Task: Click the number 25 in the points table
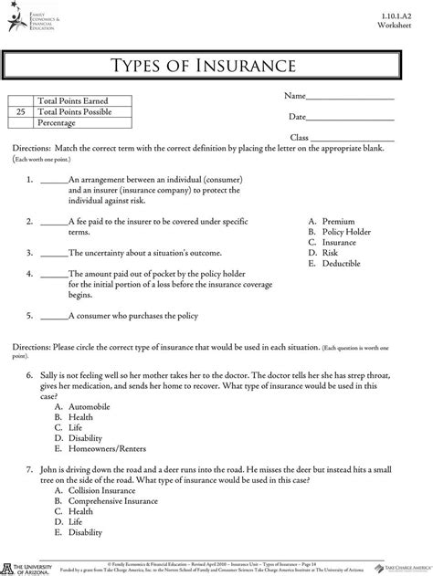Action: pyautogui.click(x=20, y=110)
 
